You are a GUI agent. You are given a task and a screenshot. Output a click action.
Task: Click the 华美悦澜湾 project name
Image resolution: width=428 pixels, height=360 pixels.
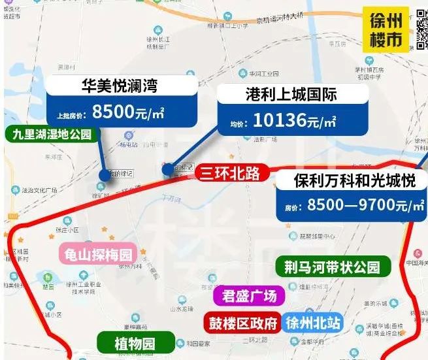pos(119,86)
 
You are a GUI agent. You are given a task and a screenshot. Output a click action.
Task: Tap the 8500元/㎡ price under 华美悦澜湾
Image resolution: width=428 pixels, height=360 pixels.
pos(129,112)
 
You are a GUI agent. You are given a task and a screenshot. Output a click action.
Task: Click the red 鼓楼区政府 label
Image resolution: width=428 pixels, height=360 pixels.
pos(243,323)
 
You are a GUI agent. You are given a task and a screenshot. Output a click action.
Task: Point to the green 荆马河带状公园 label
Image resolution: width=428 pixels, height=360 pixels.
pos(332,267)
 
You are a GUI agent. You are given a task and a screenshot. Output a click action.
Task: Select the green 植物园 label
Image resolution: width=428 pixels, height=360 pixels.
pos(136,342)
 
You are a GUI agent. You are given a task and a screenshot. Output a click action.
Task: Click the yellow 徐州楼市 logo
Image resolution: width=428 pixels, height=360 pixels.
pos(386,29)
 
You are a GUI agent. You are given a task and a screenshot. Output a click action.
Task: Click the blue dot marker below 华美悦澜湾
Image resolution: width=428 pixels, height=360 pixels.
pos(105,175)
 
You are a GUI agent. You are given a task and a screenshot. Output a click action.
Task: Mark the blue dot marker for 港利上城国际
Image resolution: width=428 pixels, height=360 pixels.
pos(169,170)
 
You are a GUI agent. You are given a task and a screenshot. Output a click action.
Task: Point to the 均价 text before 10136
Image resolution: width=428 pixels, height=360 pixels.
pos(236,123)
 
